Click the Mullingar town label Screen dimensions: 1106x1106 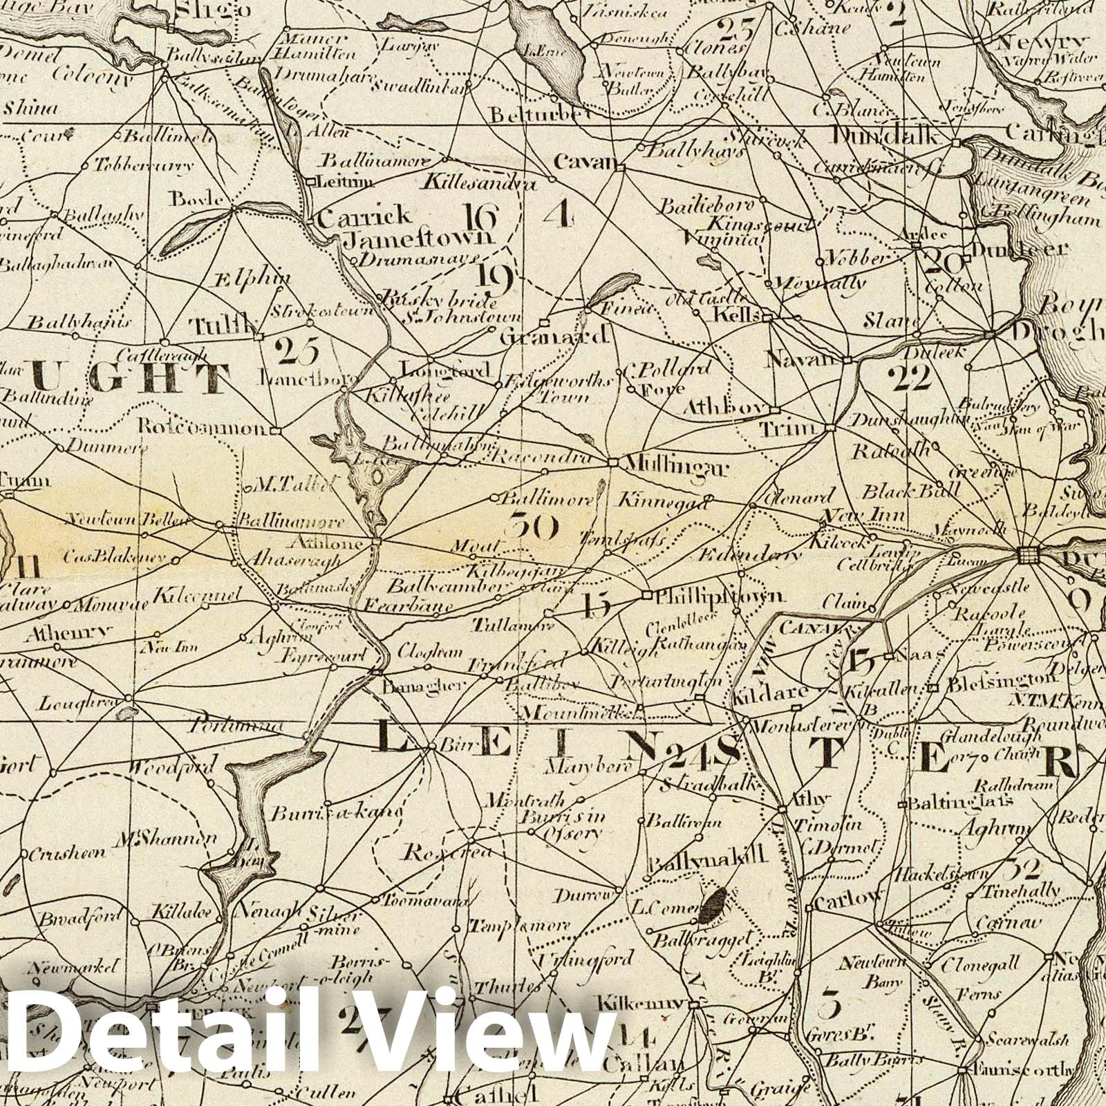pos(675,468)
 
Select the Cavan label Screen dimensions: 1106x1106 pos(585,163)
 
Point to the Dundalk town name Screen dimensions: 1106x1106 pos(886,136)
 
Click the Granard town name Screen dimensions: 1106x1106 pos(564,337)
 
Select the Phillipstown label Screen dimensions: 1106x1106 pos(719,595)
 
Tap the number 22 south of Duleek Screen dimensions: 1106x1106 pos(911,378)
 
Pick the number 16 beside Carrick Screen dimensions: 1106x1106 pos(481,218)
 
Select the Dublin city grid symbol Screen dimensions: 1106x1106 pos(1028,554)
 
